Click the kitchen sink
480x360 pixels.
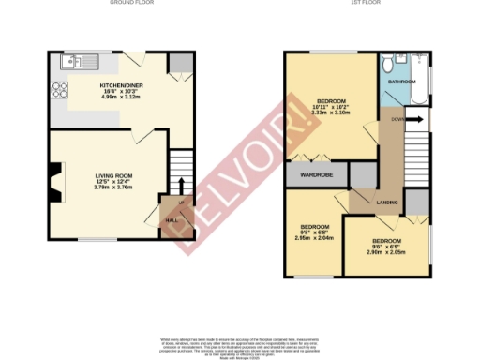tap(70, 64)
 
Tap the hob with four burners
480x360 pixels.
tap(61, 91)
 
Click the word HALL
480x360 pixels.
tap(172, 220)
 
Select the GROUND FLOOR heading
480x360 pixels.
tap(131, 4)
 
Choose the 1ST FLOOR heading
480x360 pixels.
tap(363, 4)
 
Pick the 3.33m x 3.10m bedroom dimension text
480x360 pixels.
tap(331, 112)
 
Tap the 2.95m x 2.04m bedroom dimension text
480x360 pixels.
tap(315, 238)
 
